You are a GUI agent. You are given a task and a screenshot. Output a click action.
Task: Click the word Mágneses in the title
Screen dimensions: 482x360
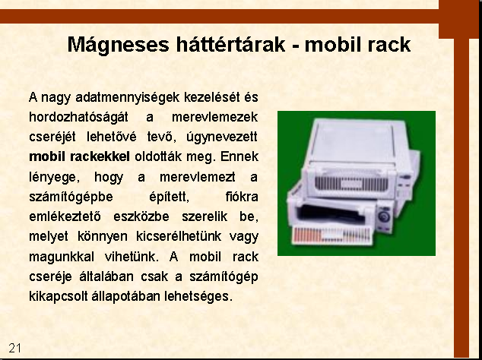119,45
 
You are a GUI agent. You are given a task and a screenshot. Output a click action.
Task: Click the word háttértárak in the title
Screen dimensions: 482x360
231,45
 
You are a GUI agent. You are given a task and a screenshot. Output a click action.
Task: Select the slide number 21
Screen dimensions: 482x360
14,348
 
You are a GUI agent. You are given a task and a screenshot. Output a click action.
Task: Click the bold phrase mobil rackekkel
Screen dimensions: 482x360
79,156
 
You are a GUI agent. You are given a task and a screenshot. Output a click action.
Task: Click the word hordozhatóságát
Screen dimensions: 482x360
78,117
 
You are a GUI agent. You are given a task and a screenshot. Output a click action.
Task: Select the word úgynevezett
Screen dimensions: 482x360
222,137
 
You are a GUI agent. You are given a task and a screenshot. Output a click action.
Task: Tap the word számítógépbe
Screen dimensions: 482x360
71,197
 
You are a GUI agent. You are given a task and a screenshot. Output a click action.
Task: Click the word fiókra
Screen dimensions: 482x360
242,197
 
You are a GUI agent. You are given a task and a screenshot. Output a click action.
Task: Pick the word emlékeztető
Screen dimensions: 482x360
65,216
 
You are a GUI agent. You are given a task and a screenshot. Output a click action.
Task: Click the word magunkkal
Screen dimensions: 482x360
62,257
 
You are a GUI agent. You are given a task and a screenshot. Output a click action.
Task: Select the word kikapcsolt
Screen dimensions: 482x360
58,296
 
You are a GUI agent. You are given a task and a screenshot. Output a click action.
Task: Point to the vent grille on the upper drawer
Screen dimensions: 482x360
350,184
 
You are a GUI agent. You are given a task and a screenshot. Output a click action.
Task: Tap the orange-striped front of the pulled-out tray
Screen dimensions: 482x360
332,235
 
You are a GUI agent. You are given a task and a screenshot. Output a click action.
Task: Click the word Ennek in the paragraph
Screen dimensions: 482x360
239,156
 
